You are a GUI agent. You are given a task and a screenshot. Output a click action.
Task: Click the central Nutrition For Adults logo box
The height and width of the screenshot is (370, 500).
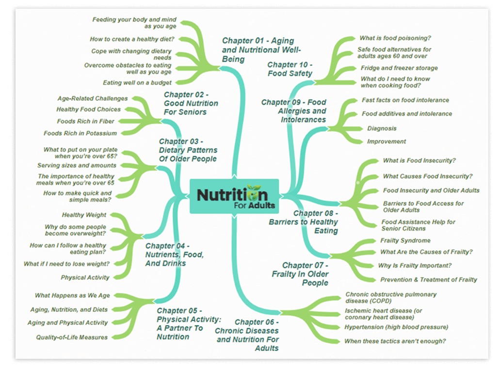pyautogui.click(x=234, y=196)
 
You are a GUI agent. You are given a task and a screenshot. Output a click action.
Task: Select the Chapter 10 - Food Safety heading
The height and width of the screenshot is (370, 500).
pyautogui.click(x=290, y=69)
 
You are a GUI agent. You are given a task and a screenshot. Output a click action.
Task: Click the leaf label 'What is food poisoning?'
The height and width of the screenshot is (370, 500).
pyautogui.click(x=395, y=38)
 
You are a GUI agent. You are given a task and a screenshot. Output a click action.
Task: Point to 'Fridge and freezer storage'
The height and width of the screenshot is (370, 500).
pyautogui.click(x=399, y=68)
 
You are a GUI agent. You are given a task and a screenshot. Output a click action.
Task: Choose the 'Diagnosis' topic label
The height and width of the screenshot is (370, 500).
pyautogui.click(x=382, y=128)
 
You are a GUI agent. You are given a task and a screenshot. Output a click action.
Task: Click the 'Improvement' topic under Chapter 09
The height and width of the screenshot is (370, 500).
pyautogui.click(x=387, y=141)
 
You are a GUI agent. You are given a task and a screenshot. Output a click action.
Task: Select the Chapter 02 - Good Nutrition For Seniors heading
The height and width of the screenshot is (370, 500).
pyautogui.click(x=191, y=103)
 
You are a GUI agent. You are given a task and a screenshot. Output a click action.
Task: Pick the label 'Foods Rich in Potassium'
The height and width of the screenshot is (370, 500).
pyautogui.click(x=80, y=133)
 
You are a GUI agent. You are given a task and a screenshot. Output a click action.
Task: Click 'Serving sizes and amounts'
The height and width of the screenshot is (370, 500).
pyautogui.click(x=77, y=166)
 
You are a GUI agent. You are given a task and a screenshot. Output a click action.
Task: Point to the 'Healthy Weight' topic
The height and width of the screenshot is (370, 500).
pyautogui.click(x=84, y=215)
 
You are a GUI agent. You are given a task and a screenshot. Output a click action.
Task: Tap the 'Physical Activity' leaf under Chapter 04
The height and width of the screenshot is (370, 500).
pyautogui.click(x=85, y=277)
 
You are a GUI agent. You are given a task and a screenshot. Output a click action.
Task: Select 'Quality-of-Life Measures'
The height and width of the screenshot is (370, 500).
pyautogui.click(x=72, y=337)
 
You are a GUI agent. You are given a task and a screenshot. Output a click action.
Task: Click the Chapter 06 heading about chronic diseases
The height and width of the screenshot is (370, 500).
pyautogui.click(x=247, y=335)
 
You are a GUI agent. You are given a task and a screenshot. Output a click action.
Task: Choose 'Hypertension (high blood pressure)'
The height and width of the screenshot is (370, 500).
pyautogui.click(x=396, y=327)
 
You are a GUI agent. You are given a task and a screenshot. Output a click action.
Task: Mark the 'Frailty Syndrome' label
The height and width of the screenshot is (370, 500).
pyautogui.click(x=405, y=241)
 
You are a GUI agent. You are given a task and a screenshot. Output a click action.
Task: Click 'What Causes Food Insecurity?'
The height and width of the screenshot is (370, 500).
pyautogui.click(x=428, y=176)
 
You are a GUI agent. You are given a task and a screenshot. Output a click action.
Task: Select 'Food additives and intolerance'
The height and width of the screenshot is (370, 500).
pyautogui.click(x=407, y=114)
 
